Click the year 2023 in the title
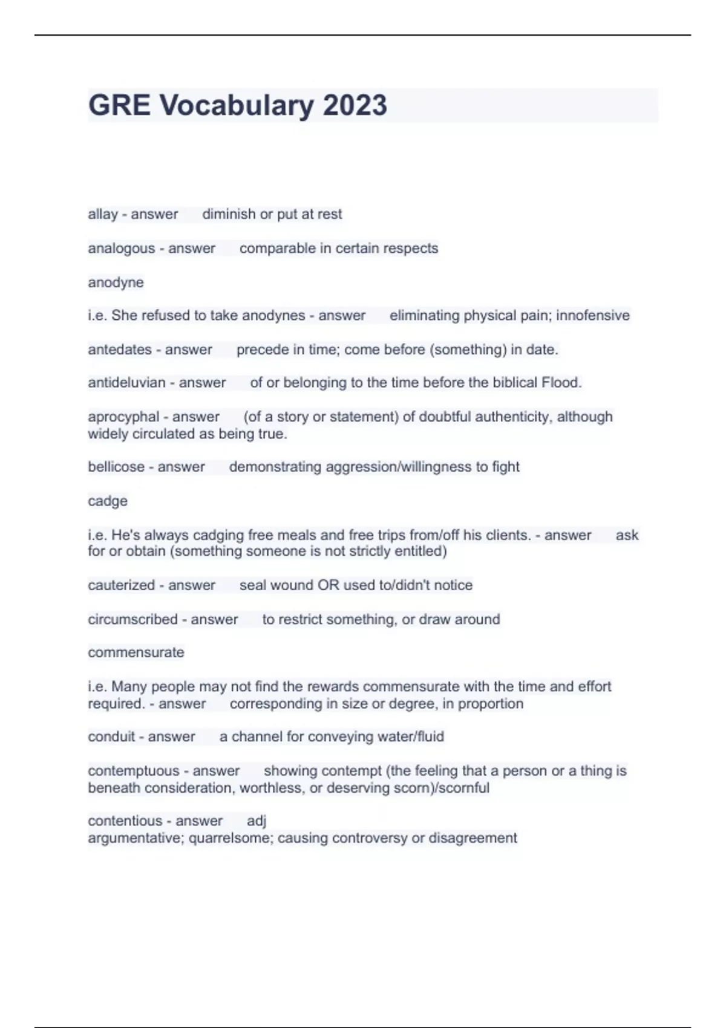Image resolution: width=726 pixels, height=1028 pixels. coord(355,105)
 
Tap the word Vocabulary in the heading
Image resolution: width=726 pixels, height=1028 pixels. coord(237,105)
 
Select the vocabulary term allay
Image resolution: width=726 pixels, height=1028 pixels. coord(103,214)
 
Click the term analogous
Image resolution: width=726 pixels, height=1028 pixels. coord(122,249)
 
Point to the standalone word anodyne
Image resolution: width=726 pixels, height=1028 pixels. coord(116,282)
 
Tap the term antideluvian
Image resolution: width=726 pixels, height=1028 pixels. coord(126,383)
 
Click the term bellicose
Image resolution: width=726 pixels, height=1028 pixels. coord(116,467)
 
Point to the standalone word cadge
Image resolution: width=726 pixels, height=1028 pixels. coord(108,501)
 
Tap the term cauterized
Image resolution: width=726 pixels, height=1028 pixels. coord(121,585)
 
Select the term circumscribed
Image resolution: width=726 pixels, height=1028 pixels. coord(132,619)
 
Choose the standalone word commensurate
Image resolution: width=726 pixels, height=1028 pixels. coord(136,652)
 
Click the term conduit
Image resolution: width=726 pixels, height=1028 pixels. coord(111,737)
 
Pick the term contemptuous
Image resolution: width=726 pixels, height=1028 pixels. coord(134,771)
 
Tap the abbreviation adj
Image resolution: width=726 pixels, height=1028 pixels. coord(257,821)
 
